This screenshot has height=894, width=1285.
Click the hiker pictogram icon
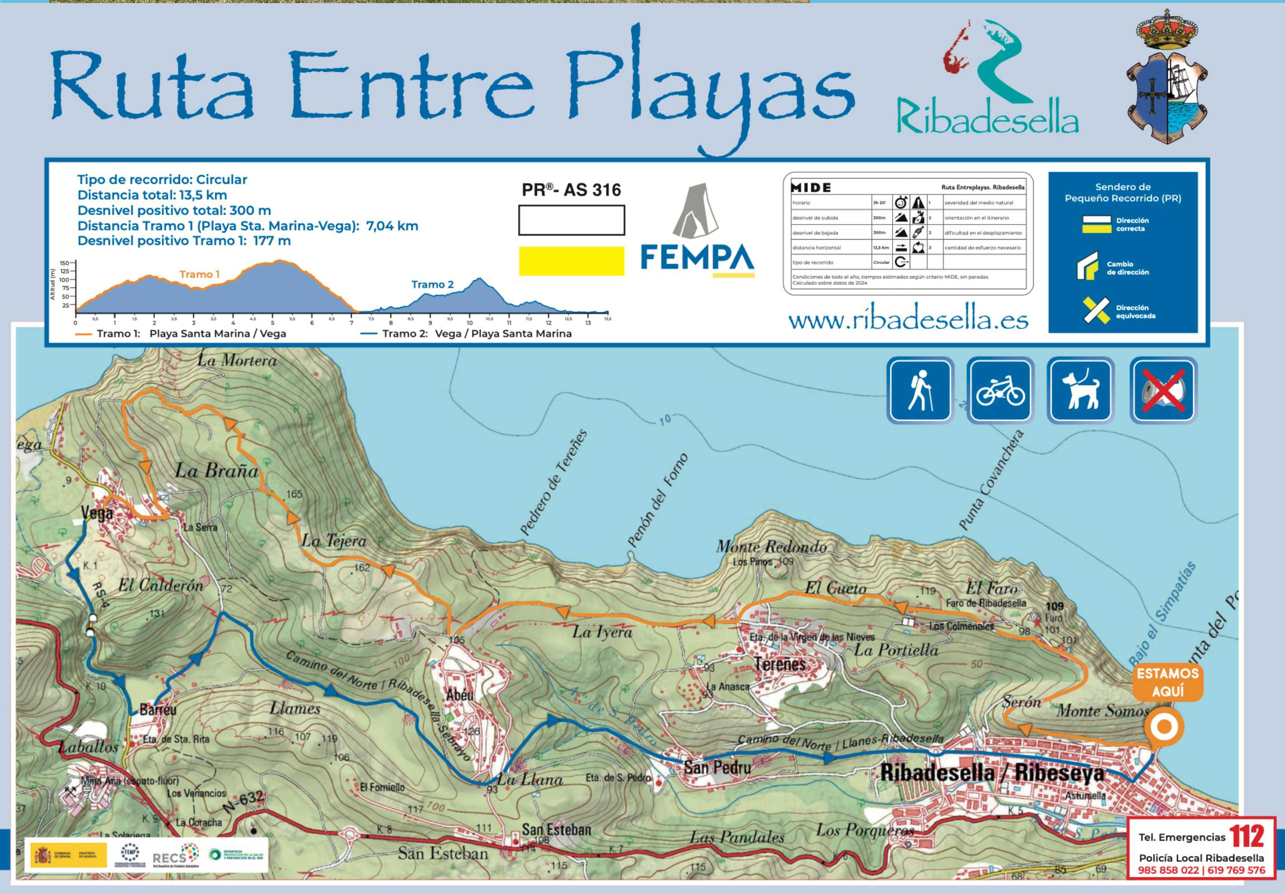[920, 390]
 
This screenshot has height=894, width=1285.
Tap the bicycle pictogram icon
[1000, 390]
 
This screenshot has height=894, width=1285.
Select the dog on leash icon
[1080, 390]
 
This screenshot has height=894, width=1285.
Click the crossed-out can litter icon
[1163, 390]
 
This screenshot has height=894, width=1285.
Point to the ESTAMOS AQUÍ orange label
[1167, 682]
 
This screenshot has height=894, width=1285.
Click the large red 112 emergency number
[1247, 837]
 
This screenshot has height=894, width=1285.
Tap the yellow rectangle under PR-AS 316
[572, 261]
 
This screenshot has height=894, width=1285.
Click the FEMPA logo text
[697, 257]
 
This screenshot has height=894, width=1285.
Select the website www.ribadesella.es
[908, 320]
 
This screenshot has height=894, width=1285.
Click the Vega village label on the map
[97, 513]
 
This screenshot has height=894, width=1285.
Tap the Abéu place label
[459, 695]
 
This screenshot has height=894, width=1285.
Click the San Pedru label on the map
[717, 767]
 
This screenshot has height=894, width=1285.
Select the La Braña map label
[217, 471]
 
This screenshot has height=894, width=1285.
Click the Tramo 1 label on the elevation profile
[199, 274]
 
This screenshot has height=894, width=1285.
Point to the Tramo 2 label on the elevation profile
[432, 284]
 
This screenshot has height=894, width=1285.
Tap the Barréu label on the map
[158, 710]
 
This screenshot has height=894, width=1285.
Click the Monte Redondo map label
[771, 546]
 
